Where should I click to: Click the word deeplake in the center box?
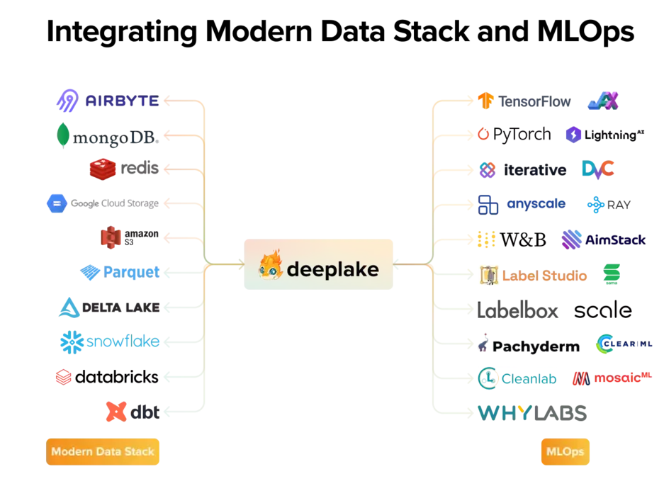[332, 269]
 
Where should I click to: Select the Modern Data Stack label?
[102, 452]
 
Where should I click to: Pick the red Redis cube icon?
[103, 168]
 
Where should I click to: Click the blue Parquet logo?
[120, 271]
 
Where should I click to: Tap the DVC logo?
[597, 169]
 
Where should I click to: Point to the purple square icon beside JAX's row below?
[573, 135]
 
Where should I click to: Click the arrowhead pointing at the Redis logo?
[167, 169]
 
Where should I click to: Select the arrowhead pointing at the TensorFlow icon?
[468, 101]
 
